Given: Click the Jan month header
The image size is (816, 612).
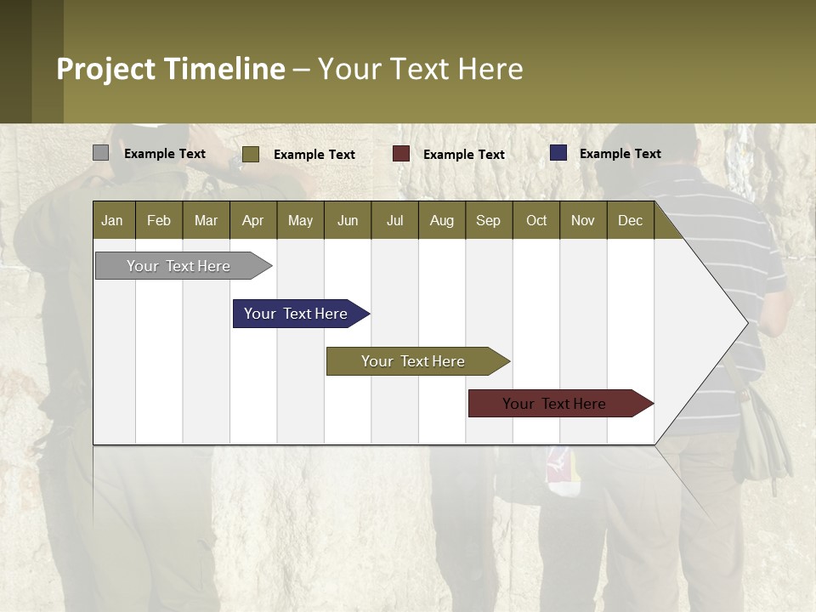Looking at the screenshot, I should pyautogui.click(x=112, y=220).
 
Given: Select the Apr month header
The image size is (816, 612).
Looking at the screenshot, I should pyautogui.click(x=252, y=220).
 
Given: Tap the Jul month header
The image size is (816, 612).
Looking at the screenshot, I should pyautogui.click(x=394, y=220).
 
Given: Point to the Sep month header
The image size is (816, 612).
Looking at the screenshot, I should pyautogui.click(x=488, y=220).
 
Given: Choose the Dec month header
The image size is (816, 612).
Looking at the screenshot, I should pyautogui.click(x=630, y=220).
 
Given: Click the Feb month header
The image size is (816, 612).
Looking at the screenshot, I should pyautogui.click(x=159, y=220).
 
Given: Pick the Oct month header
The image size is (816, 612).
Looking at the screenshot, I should pyautogui.click(x=536, y=220).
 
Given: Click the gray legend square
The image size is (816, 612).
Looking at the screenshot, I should pyautogui.click(x=100, y=153).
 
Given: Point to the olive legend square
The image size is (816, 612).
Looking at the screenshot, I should pyautogui.click(x=250, y=154).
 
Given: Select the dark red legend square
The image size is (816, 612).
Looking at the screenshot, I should pyautogui.click(x=401, y=154).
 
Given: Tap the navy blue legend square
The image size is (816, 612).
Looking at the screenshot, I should pyautogui.click(x=558, y=153).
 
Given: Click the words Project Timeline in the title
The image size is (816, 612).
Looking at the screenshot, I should pyautogui.click(x=171, y=69).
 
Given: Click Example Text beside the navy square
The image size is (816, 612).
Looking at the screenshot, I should pyautogui.click(x=620, y=154).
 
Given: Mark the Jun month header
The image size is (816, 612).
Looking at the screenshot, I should pyautogui.click(x=348, y=220).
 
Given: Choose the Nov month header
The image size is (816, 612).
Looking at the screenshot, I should pyautogui.click(x=582, y=220).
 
